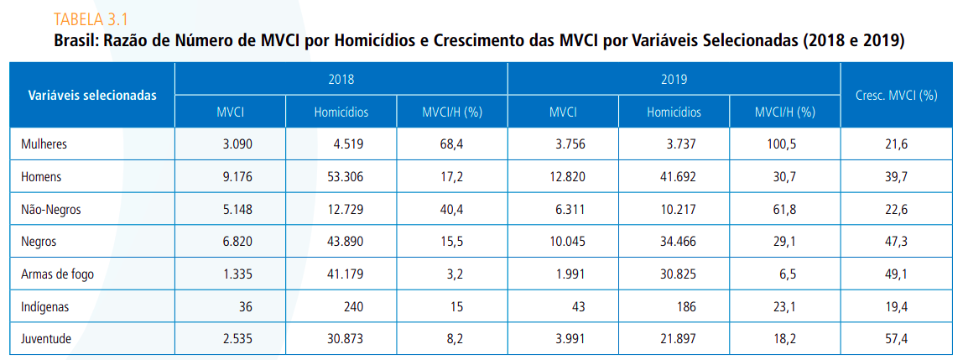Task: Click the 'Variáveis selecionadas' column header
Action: click(x=92, y=95)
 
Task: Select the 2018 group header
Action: click(x=341, y=80)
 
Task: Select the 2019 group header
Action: click(x=674, y=80)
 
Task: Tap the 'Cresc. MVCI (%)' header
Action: click(x=896, y=95)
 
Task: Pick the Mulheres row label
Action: click(x=44, y=144)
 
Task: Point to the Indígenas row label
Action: click(x=44, y=307)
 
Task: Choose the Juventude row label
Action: click(x=46, y=339)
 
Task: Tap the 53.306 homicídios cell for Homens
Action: click(x=348, y=177)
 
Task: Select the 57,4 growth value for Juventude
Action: click(x=896, y=339)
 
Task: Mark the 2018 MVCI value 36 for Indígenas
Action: click(x=246, y=307)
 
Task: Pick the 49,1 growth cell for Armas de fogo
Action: click(x=896, y=274)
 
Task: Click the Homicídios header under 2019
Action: click(x=674, y=112)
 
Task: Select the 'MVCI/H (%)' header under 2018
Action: click(x=451, y=112)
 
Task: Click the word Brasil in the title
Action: click(x=74, y=40)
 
